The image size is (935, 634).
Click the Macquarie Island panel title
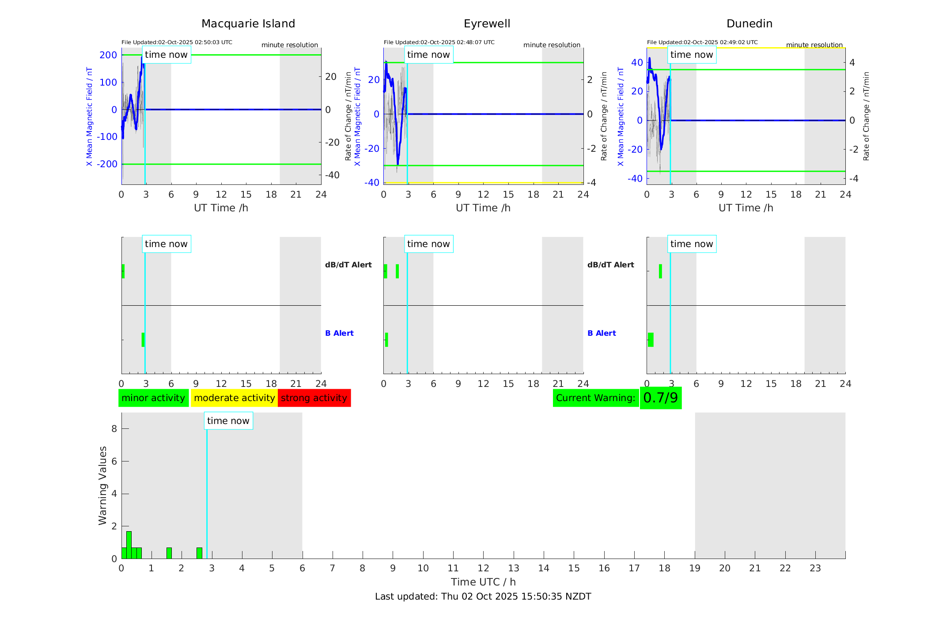(248, 24)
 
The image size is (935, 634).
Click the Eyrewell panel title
(487, 24)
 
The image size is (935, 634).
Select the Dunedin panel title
(749, 24)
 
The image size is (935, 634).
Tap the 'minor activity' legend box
(153, 398)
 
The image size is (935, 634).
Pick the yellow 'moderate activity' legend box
(234, 398)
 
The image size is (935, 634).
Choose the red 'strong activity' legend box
(314, 398)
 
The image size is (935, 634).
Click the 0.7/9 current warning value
(660, 398)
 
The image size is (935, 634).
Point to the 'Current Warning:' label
(595, 398)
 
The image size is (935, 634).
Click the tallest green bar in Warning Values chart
(129, 545)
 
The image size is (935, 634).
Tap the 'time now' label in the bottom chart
(228, 421)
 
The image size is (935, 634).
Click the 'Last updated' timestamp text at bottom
(483, 596)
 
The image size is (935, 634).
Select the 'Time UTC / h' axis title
(483, 582)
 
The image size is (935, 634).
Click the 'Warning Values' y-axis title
(102, 485)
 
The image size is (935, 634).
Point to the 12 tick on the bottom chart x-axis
(483, 568)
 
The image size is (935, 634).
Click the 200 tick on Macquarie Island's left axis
(108, 55)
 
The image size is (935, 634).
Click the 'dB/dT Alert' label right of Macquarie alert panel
(348, 265)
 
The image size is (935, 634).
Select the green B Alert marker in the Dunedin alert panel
(651, 340)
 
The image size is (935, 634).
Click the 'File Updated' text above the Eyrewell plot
(439, 42)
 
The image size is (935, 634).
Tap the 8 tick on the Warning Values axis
(114, 429)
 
